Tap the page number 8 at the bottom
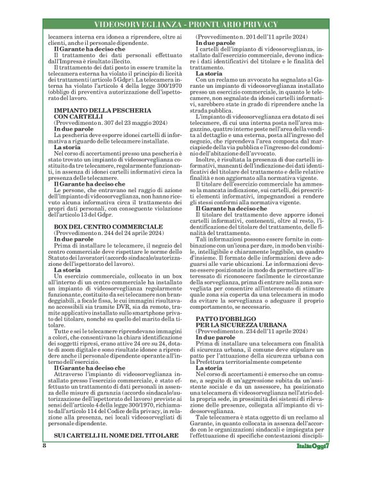(44, 462)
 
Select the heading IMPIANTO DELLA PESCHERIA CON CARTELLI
(94, 114)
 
